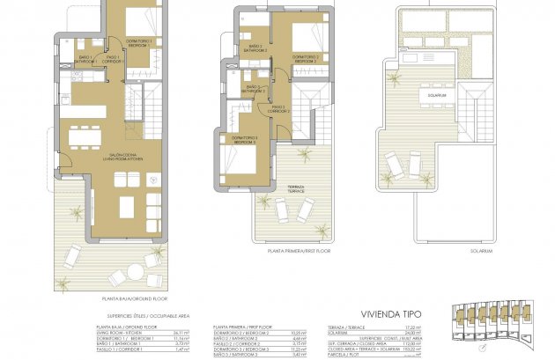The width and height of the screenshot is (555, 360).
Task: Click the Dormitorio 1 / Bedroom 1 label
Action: [x=138, y=41]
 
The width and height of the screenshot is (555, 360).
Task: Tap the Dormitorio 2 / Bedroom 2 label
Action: [x=305, y=59]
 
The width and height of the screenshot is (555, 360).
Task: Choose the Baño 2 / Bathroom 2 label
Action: [x=255, y=48]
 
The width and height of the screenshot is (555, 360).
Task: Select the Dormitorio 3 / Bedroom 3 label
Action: [x=245, y=139]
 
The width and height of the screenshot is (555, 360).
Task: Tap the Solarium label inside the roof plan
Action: [x=439, y=94]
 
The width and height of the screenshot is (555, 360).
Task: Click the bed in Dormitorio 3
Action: [x=232, y=161]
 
